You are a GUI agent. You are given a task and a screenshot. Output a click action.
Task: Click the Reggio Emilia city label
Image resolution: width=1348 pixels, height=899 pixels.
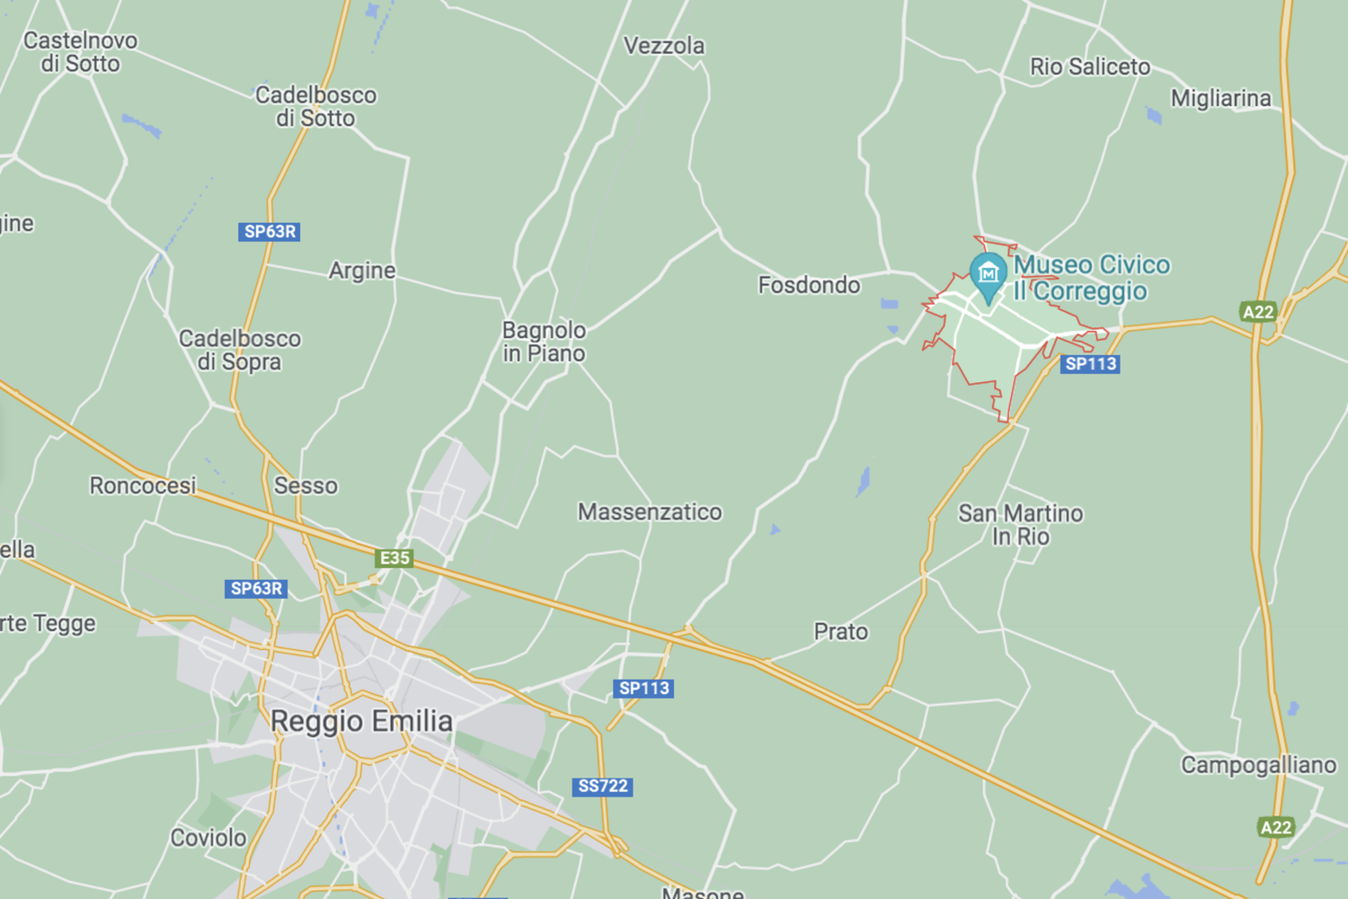[x=361, y=721]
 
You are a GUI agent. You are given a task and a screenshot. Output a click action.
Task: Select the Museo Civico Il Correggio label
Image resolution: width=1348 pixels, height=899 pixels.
[x=1091, y=278]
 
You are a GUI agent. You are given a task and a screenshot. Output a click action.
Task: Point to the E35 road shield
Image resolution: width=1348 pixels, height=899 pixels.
[x=395, y=558]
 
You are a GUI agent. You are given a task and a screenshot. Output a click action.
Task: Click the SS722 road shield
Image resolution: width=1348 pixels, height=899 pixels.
[x=602, y=787]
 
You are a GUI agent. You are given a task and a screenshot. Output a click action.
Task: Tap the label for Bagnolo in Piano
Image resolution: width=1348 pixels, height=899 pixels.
[x=544, y=342]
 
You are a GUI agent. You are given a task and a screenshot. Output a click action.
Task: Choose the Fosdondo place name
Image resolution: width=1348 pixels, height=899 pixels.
[x=809, y=285]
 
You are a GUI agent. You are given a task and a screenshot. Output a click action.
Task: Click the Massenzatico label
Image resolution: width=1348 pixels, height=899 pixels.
[x=650, y=512]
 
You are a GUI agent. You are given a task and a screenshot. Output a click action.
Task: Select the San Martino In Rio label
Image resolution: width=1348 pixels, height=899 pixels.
[x=1020, y=525]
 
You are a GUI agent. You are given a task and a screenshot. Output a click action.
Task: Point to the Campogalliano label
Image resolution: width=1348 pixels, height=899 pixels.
[x=1258, y=765]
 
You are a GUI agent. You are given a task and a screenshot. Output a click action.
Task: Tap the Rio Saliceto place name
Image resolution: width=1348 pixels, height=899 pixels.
[x=1089, y=67]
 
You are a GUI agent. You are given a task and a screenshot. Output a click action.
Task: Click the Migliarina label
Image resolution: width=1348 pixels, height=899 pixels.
[x=1220, y=98]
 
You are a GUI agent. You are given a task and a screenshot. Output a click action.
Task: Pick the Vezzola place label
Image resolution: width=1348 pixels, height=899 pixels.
[x=664, y=46]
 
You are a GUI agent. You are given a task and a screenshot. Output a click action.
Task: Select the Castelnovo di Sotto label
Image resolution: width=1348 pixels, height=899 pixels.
[x=80, y=52]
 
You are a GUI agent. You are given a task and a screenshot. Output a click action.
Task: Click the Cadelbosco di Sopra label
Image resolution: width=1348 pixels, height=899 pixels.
[x=239, y=350]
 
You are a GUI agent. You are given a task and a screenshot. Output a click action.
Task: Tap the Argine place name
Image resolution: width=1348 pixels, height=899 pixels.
[x=361, y=271]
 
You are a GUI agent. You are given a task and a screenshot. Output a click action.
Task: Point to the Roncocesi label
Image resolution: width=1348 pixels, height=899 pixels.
[x=142, y=485]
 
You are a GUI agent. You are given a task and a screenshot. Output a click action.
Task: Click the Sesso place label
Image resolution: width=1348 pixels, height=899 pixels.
[x=306, y=485]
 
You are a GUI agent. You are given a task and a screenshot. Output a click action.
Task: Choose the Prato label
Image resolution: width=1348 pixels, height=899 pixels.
[x=840, y=632]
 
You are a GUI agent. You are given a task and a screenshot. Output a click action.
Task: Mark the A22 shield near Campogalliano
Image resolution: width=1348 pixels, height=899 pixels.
[x=1276, y=827]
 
